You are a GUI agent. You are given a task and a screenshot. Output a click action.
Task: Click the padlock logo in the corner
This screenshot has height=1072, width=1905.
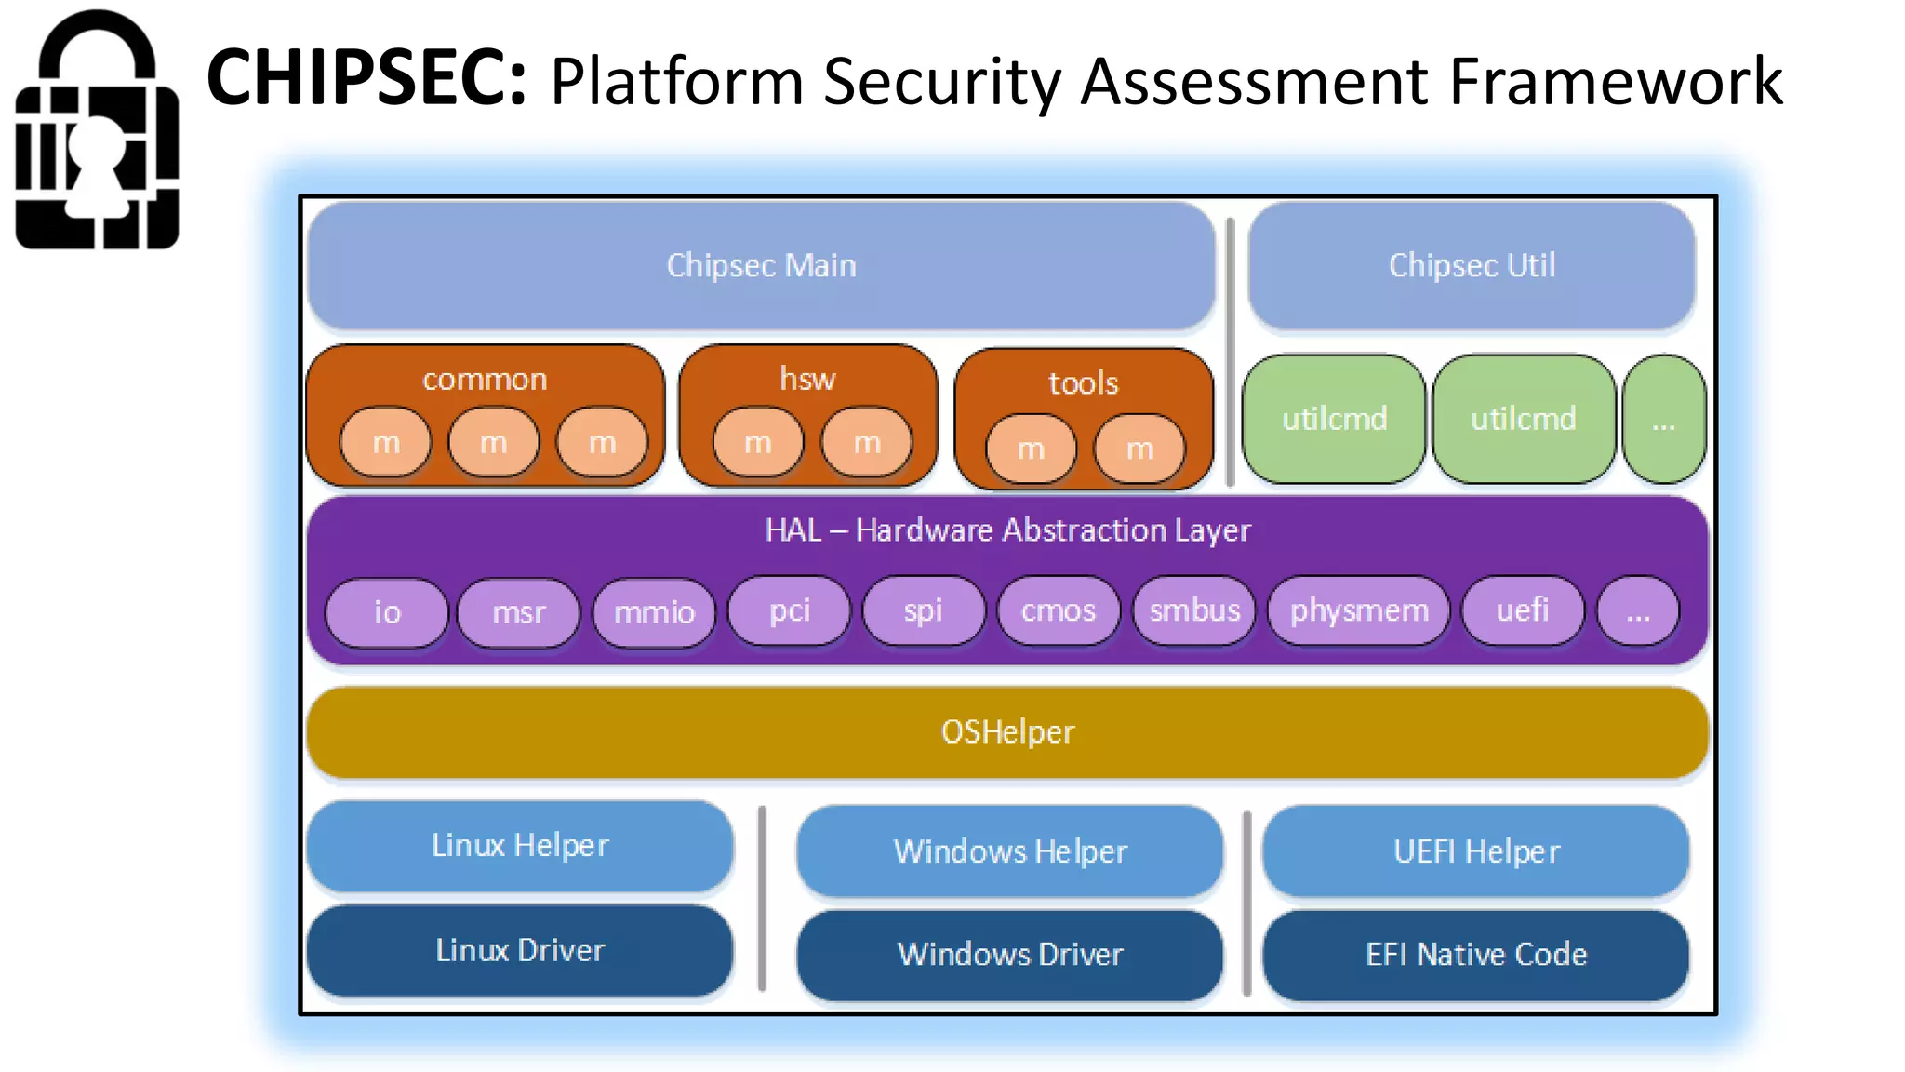point(97,130)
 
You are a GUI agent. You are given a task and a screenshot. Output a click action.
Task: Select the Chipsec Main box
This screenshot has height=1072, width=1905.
point(761,265)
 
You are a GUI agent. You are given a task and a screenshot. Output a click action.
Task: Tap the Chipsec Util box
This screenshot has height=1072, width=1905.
point(1472,265)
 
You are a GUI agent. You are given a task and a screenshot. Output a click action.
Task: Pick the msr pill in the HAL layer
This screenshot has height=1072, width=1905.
point(518,612)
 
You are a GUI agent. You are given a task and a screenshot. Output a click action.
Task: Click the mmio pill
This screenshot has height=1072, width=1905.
point(654,612)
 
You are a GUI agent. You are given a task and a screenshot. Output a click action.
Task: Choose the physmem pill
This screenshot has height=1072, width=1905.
point(1358,610)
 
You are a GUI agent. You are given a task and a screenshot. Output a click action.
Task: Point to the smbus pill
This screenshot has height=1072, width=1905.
point(1194,610)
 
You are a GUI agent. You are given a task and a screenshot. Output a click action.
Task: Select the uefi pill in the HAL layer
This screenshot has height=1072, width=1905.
point(1522,610)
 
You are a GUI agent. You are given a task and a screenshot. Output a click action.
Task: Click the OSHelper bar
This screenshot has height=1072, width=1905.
point(1007,732)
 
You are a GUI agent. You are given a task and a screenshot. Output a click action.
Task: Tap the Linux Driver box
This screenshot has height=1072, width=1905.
point(520,950)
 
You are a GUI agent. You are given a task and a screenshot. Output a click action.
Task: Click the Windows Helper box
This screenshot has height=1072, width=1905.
point(1010,851)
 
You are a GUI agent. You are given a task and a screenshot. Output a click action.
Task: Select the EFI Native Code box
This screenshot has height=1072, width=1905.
point(1476,955)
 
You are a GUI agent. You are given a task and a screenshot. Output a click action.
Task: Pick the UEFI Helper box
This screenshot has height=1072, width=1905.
point(1476,851)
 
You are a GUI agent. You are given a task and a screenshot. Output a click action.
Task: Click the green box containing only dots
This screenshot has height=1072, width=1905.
point(1664,421)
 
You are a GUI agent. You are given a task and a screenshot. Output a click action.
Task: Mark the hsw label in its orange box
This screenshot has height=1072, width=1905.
point(807,379)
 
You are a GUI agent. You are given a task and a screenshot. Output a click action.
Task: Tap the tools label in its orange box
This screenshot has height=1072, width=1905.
point(1083,382)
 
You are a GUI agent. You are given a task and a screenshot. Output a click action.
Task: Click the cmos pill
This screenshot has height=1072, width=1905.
point(1059,610)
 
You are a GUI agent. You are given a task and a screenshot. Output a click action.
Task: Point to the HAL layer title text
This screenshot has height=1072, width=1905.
point(1007,530)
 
